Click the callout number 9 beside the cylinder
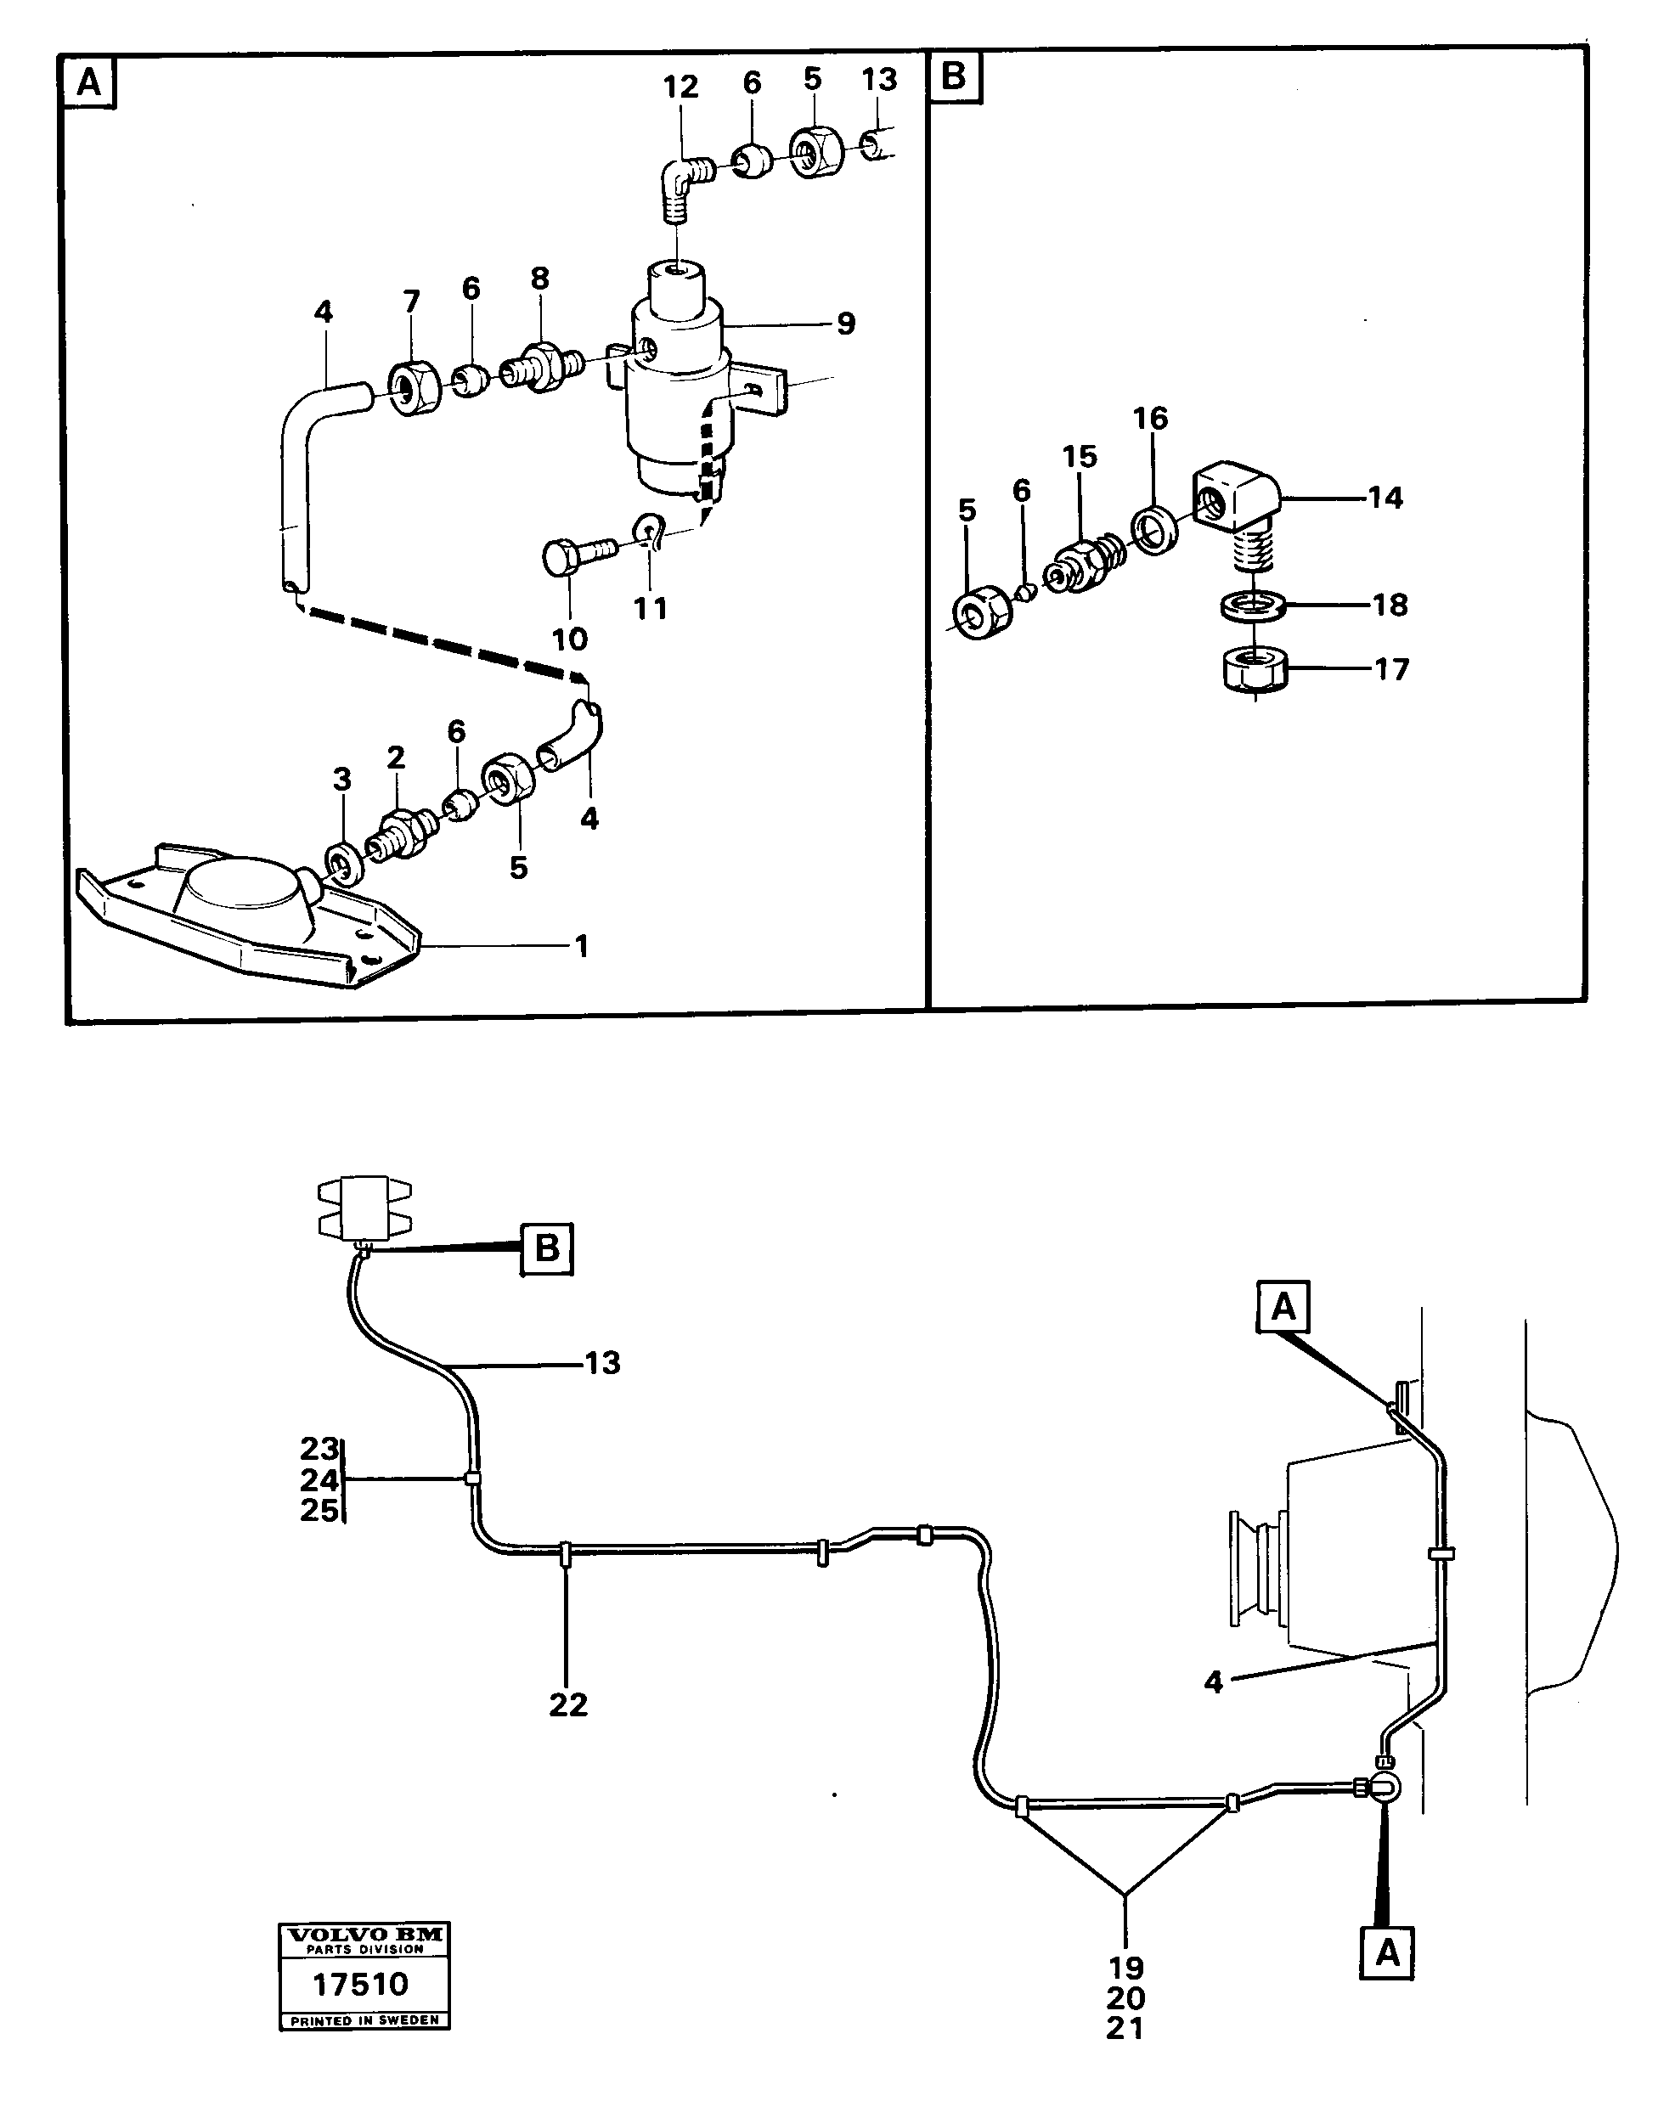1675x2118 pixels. [846, 324]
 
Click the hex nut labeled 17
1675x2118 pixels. [1255, 671]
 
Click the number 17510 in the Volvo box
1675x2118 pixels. [360, 1986]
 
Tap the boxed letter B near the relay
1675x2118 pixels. [546, 1248]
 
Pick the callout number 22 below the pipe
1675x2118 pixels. [567, 1705]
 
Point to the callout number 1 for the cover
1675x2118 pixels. [582, 946]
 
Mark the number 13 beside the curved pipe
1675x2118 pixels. [602, 1363]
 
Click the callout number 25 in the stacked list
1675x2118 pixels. [319, 1511]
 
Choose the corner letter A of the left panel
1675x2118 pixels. [89, 82]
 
